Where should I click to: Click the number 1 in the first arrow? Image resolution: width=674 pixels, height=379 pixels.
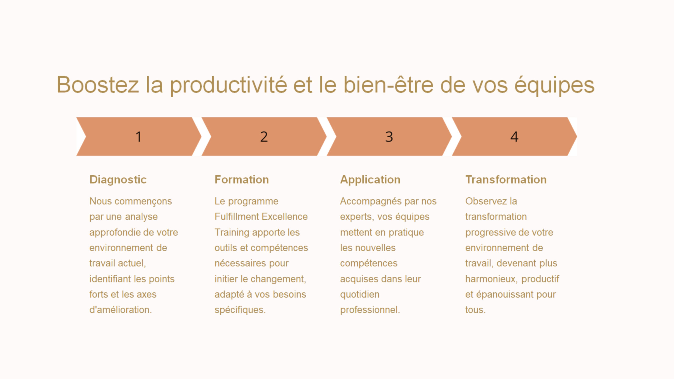(138, 137)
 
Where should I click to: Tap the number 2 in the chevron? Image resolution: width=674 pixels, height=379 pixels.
(264, 137)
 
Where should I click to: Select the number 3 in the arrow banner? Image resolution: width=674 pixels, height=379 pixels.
(389, 137)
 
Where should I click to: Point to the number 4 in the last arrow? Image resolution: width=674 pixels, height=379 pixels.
(514, 137)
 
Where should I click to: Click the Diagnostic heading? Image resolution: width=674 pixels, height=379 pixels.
(118, 180)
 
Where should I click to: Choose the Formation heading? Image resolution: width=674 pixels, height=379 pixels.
(242, 179)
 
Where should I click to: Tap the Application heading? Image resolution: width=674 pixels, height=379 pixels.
(370, 180)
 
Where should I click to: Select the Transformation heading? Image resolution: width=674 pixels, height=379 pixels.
(506, 179)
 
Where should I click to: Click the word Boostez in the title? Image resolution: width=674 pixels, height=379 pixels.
(98, 84)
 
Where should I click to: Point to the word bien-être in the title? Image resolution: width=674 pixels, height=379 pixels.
(388, 84)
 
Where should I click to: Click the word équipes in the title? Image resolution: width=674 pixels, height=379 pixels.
(554, 86)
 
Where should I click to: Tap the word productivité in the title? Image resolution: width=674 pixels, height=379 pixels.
(228, 86)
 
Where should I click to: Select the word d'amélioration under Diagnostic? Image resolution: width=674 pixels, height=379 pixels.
(121, 310)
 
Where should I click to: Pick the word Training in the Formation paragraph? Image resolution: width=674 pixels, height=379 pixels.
(232, 233)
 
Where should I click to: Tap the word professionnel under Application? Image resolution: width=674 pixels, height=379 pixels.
(370, 310)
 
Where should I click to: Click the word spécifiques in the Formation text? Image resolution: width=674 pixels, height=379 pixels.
(240, 310)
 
